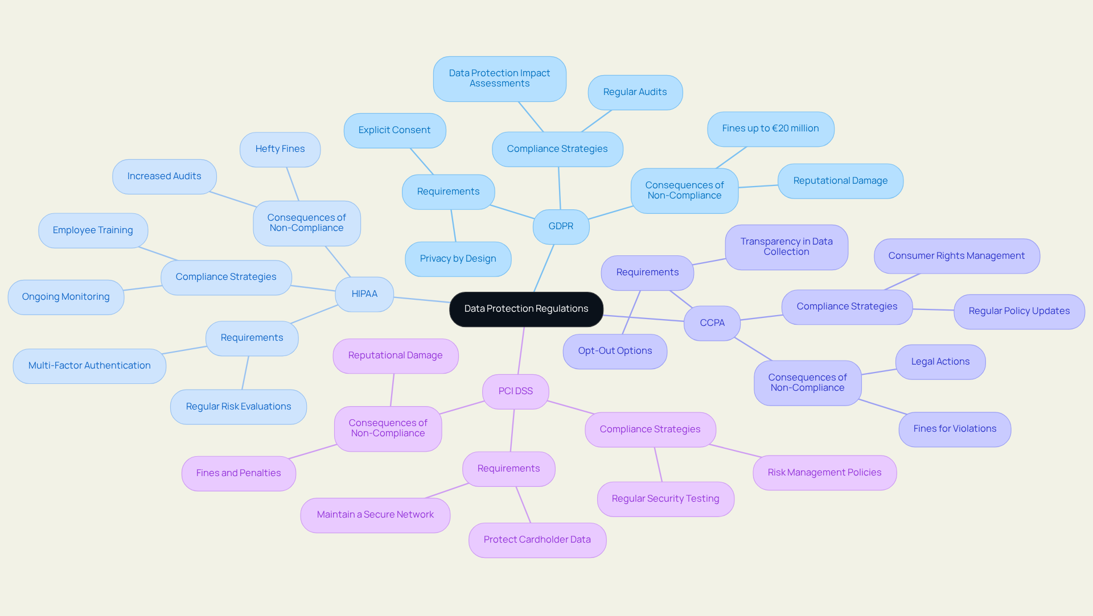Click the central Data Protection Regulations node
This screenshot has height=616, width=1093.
[x=526, y=309]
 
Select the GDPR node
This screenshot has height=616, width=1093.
[x=561, y=226]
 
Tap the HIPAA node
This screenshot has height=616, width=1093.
[x=364, y=294]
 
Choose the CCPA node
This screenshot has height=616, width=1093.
[x=712, y=323]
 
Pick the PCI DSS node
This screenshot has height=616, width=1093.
[x=515, y=391]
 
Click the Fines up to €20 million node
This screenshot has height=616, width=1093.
[x=770, y=129]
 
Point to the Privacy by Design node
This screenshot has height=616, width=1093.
[x=458, y=259]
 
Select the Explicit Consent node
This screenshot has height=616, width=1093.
[x=394, y=130]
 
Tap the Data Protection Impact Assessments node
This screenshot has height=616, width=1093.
[x=499, y=78]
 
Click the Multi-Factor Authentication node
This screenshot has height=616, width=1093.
[x=89, y=366]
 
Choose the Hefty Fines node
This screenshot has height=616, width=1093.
[x=280, y=149]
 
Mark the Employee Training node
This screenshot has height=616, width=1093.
[x=93, y=230]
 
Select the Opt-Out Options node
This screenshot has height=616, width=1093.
[x=615, y=351]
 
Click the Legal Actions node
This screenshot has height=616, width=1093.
[x=940, y=362]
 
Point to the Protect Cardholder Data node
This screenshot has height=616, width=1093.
[x=537, y=540]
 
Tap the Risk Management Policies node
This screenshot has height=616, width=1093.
[x=824, y=473]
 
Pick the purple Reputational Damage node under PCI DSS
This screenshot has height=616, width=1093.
[x=395, y=355]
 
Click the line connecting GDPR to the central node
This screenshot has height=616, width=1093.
[x=544, y=268]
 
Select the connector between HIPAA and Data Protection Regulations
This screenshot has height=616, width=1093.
[x=421, y=300]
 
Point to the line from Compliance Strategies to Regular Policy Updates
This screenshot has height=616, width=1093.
[x=933, y=309]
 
